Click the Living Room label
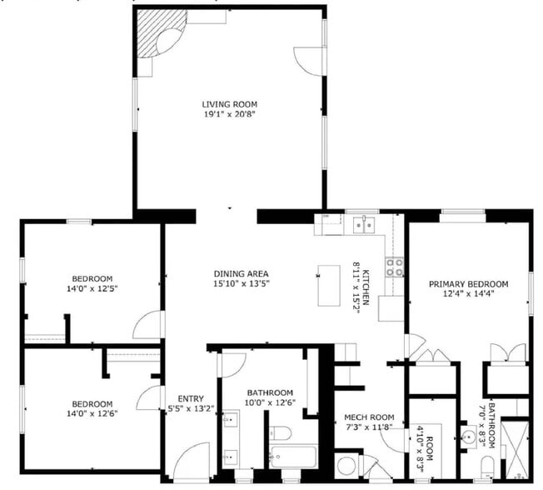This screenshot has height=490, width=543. point(228,104)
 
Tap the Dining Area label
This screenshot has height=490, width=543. point(241,273)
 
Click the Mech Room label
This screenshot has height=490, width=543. point(369,417)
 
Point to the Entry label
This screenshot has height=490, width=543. point(179,398)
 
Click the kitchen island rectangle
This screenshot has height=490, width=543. point(330,285)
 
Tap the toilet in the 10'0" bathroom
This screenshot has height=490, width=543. point(281,432)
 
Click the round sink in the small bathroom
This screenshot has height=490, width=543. point(470,436)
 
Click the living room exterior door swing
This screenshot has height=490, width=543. point(310,61)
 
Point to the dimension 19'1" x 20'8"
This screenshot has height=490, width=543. point(228,115)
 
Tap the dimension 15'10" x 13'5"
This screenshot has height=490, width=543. point(241,284)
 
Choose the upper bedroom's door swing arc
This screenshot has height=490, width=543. point(149,325)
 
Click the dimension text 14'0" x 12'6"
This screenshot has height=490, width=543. point(92,414)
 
